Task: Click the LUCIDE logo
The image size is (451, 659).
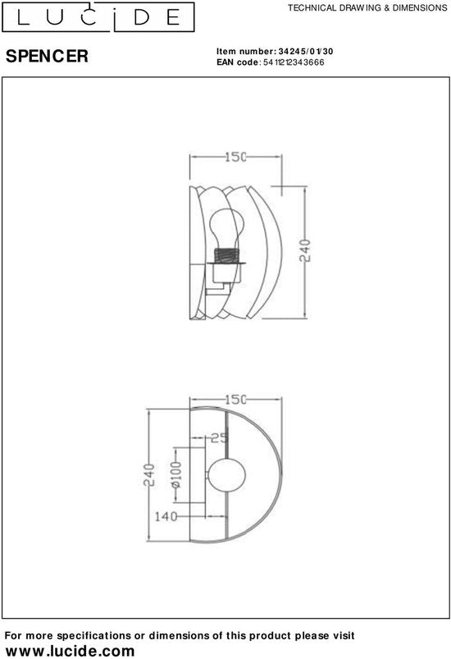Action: [98, 16]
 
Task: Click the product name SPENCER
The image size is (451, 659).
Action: [47, 56]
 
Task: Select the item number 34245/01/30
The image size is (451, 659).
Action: [306, 51]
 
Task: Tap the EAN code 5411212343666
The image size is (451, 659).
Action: [294, 62]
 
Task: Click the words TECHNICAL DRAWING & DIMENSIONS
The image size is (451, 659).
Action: [367, 7]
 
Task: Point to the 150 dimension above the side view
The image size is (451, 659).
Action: [235, 157]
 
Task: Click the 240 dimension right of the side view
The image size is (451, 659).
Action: [305, 250]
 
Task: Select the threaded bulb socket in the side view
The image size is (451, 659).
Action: [227, 255]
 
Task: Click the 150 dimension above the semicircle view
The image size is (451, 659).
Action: [235, 400]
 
